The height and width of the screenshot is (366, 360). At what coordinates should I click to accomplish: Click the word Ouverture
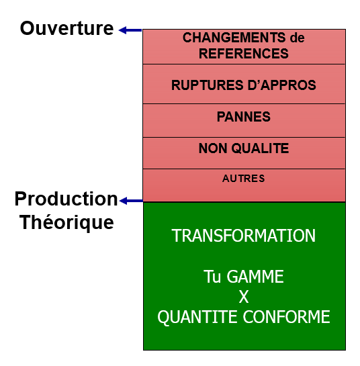pyautogui.click(x=66, y=28)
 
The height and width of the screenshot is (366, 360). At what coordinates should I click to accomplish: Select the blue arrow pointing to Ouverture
pyautogui.click(x=130, y=30)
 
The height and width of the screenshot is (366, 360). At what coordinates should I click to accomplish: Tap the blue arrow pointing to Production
pyautogui.click(x=131, y=201)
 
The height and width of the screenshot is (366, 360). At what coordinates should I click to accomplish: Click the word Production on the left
pyautogui.click(x=66, y=199)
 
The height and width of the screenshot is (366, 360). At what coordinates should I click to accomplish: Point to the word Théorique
pyautogui.click(x=66, y=222)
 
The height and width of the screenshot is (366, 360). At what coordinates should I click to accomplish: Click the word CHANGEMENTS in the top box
pyautogui.click(x=234, y=38)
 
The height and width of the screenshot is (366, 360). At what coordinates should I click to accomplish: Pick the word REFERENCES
pyautogui.click(x=244, y=54)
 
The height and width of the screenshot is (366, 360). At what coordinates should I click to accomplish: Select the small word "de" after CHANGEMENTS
pyautogui.click(x=297, y=38)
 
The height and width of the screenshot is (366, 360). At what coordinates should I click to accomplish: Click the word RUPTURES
pyautogui.click(x=208, y=85)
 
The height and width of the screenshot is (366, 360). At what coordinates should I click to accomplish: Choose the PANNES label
pyautogui.click(x=244, y=117)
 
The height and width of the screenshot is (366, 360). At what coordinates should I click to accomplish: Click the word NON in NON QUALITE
pyautogui.click(x=213, y=148)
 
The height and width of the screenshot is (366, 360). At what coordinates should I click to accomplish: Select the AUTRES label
pyautogui.click(x=244, y=179)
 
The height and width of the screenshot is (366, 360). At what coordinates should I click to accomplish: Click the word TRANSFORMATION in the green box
pyautogui.click(x=244, y=236)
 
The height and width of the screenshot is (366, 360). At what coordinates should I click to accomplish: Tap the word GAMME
pyautogui.click(x=255, y=277)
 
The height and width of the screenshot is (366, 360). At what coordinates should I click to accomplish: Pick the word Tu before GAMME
pyautogui.click(x=212, y=277)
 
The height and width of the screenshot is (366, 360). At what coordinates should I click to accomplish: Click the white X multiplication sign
pyautogui.click(x=244, y=297)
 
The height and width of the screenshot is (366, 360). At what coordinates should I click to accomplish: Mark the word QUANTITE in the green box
pyautogui.click(x=197, y=317)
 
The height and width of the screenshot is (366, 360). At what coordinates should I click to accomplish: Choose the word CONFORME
pyautogui.click(x=287, y=317)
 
